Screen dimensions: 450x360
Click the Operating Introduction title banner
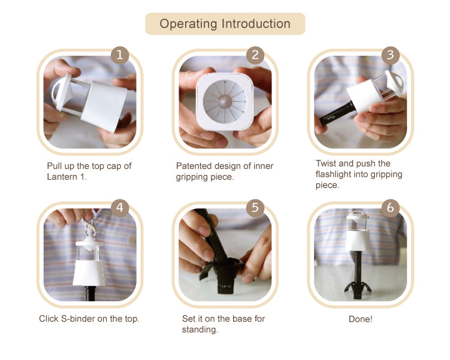click(225, 24)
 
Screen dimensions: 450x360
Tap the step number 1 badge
click(120, 55)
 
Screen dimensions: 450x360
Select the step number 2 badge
click(255, 55)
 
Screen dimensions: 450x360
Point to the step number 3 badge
click(390, 55)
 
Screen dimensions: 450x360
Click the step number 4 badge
click(120, 208)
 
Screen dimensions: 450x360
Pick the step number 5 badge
click(255, 208)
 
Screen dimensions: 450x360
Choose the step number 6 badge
click(390, 208)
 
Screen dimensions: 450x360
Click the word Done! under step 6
click(361, 319)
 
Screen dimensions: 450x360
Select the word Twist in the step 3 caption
click(326, 164)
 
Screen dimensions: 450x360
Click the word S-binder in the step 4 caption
click(78, 319)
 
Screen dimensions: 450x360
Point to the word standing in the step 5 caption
click(200, 330)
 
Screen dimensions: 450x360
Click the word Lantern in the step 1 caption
click(62, 177)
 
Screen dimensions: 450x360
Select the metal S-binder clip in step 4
click(89, 226)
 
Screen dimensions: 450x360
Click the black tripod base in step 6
click(358, 290)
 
